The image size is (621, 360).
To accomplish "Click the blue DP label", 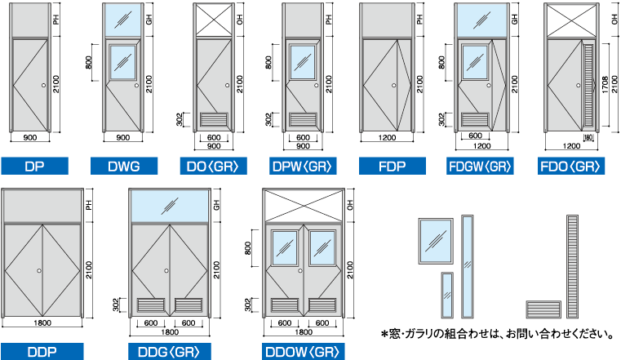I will (34, 167).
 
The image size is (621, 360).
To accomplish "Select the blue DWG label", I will (124, 167).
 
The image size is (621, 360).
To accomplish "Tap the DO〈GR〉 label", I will (213, 167).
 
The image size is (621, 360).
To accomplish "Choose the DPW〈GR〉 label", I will (302, 167).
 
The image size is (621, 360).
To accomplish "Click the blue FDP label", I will (392, 167).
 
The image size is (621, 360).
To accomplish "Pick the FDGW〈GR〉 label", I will (481, 167).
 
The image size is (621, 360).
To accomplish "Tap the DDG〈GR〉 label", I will (169, 352).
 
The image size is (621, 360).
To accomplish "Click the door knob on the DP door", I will (45, 85).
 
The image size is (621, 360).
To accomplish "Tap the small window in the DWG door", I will (122, 62).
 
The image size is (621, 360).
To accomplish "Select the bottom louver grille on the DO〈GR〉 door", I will (214, 119).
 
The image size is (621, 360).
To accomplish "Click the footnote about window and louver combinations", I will (499, 334).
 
